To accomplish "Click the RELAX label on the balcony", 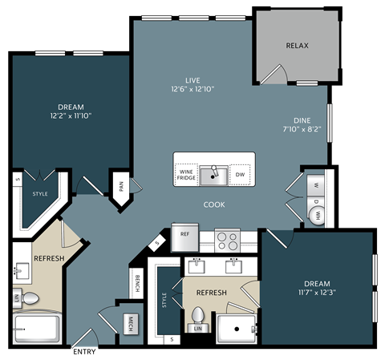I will [297, 46].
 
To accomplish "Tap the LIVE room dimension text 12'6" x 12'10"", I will [192, 89].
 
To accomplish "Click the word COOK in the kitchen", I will [214, 204].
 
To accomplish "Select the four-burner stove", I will [227, 239].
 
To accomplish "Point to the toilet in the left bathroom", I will [30, 299].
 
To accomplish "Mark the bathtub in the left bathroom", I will [37, 328].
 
